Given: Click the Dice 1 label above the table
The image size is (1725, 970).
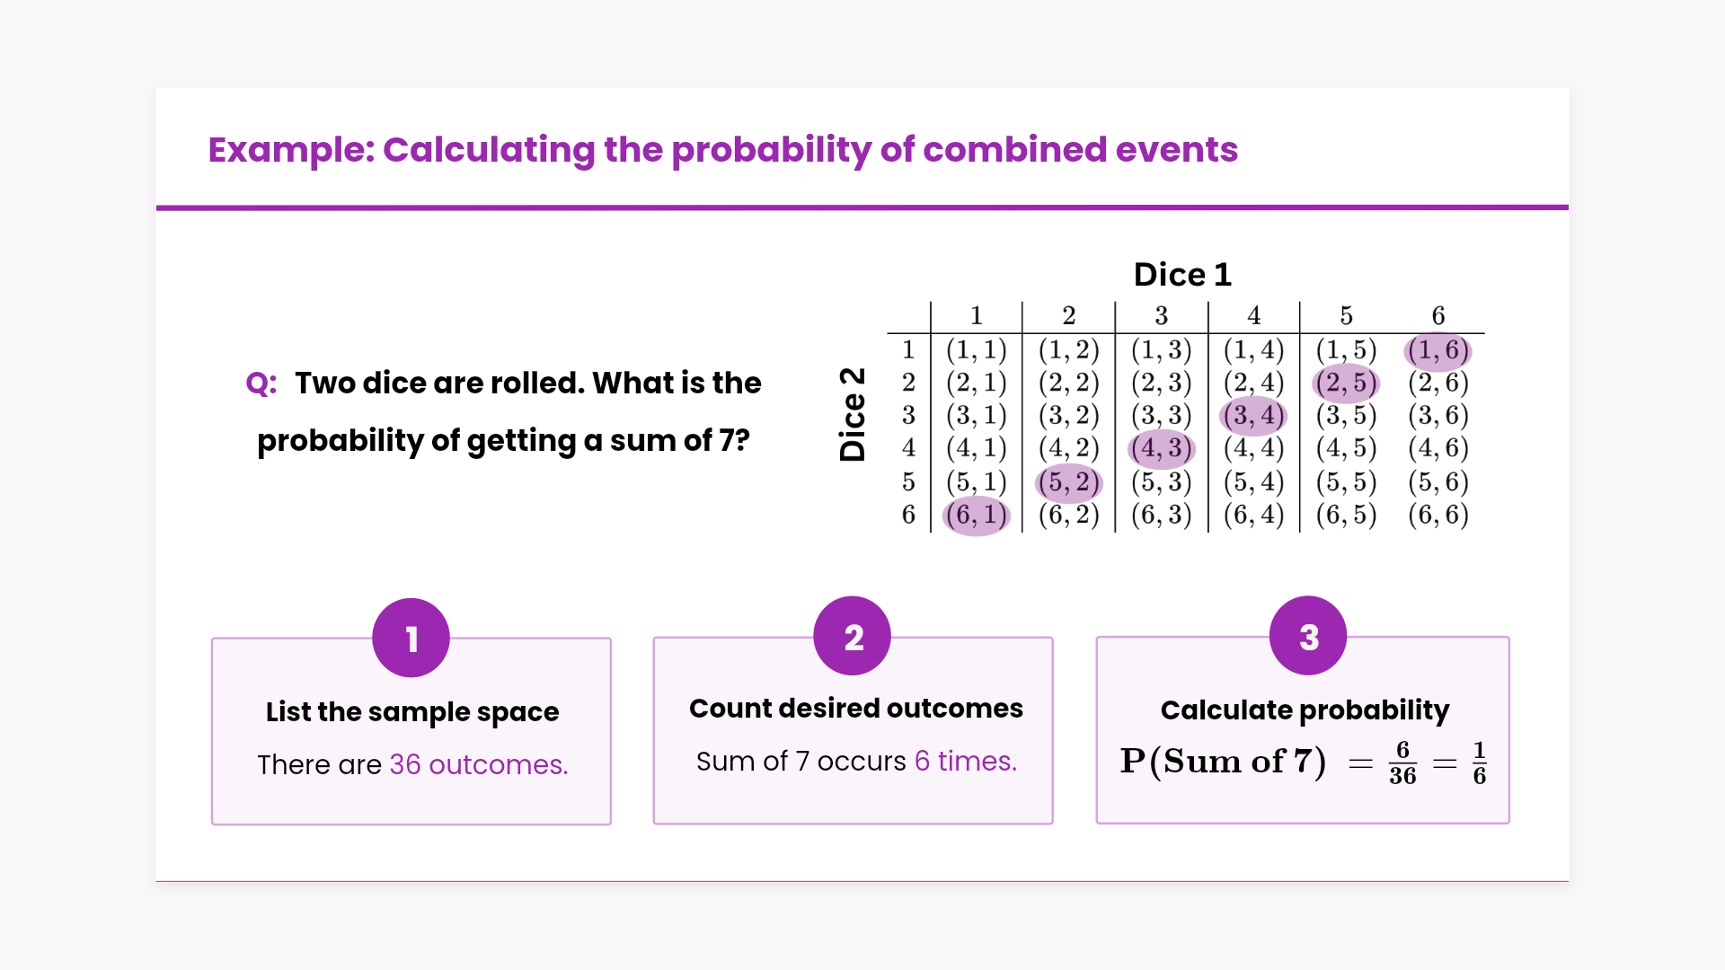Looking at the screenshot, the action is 1182,274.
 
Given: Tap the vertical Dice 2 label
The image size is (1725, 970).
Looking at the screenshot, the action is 852,414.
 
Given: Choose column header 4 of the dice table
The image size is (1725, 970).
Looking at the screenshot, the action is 1253,315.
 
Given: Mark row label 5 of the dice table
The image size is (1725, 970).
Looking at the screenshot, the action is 908,481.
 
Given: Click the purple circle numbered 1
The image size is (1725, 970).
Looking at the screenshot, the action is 411,638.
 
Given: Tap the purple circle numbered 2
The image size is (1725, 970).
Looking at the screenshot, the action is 852,636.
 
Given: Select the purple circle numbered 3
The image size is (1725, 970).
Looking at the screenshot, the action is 1308,636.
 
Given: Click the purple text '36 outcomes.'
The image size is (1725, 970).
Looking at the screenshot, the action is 479,764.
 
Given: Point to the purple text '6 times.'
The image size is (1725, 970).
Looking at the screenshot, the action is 966,761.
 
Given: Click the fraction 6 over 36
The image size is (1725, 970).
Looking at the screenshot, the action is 1402,763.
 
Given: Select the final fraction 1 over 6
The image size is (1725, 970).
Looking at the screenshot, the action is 1479,763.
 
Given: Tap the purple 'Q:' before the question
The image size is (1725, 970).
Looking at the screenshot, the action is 261,384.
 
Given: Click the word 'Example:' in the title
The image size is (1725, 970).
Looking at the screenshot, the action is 291,150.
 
